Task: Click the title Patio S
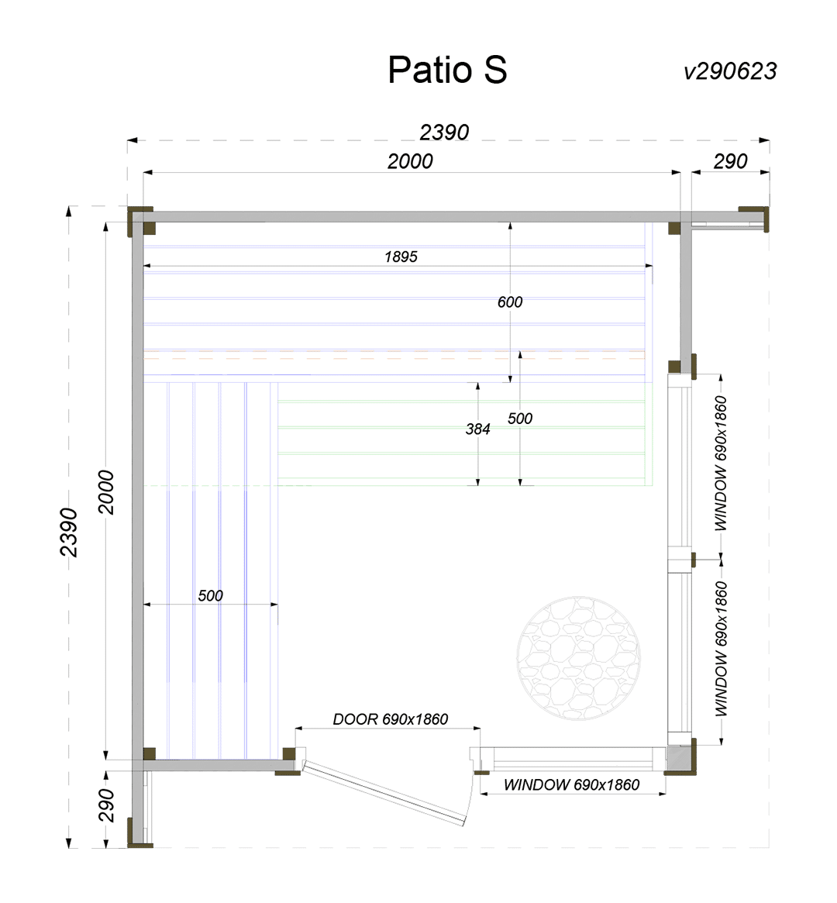point(447,70)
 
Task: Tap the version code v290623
point(730,71)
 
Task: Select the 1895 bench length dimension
point(401,257)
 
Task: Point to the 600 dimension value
point(510,302)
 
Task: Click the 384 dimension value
point(478,429)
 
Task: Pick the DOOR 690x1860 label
point(391,719)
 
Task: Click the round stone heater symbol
point(578,657)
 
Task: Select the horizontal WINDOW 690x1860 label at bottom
point(572,784)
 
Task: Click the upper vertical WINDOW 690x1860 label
point(721,463)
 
